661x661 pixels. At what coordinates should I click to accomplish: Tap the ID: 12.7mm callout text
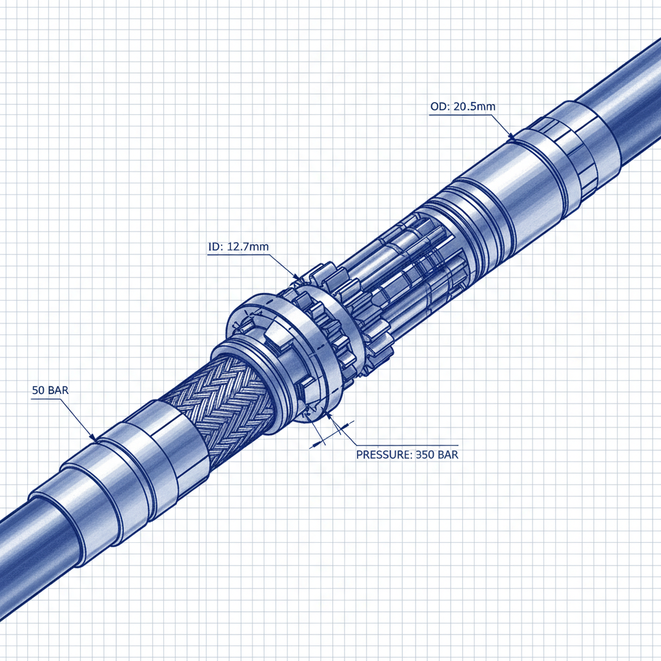(238, 247)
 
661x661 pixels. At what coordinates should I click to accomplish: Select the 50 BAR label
(49, 391)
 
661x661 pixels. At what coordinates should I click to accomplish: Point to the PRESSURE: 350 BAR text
(407, 454)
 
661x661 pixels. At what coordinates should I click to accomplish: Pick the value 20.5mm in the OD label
(473, 107)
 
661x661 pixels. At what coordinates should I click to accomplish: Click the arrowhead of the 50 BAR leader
(94, 439)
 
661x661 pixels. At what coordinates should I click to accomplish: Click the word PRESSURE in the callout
(384, 454)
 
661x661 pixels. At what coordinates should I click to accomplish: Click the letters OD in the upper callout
(437, 107)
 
